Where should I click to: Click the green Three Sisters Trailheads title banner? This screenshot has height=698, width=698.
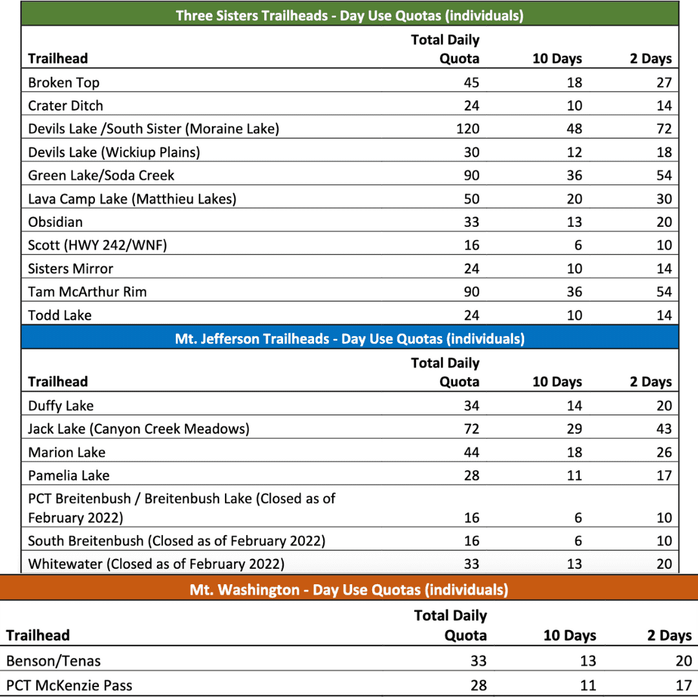point(349,16)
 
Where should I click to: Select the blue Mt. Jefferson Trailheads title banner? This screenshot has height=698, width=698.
point(349,338)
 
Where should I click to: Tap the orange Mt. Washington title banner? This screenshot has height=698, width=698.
point(349,589)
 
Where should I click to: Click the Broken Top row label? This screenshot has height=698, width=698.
point(63,82)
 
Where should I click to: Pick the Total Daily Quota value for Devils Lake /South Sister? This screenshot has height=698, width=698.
point(467,129)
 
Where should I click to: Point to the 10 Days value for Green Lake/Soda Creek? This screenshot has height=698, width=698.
point(574,175)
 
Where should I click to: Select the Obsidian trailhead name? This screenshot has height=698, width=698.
point(56,222)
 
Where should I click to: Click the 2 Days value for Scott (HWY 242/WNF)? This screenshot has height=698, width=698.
point(664,245)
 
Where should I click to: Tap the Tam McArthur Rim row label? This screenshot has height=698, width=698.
point(87,291)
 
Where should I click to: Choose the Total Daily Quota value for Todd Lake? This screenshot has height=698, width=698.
point(471,315)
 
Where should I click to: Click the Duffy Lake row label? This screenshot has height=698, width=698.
point(61,406)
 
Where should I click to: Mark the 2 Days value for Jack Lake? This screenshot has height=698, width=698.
point(664,428)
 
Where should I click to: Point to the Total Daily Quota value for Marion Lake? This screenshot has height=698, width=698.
point(471,452)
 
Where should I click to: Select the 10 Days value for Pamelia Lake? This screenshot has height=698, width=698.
point(574,475)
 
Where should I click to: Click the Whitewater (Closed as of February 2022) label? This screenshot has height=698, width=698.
point(156,564)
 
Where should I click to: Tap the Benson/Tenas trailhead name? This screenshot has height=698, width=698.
point(54,661)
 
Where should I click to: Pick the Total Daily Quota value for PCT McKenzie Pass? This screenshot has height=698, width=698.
point(478,685)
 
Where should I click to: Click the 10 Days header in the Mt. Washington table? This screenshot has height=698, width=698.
point(569,635)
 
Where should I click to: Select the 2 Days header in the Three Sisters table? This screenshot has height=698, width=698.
point(651,58)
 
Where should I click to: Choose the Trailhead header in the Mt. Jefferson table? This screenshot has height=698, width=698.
point(58,381)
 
